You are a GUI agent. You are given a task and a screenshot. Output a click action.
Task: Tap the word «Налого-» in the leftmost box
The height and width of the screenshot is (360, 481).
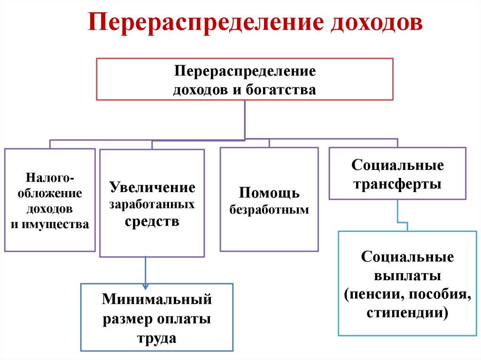click(x=50, y=179)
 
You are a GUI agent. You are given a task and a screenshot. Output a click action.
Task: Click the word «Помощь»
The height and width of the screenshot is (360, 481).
click(x=269, y=192)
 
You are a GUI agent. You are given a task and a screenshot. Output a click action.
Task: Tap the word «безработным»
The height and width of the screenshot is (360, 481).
click(x=269, y=209)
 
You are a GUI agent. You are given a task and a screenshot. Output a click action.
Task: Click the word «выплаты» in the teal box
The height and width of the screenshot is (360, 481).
click(x=407, y=275)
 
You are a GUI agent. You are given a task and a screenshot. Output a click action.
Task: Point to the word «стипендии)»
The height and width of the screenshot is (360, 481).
click(x=407, y=312)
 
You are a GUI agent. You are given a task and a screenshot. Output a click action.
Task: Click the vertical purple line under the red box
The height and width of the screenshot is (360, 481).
click(x=245, y=120)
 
